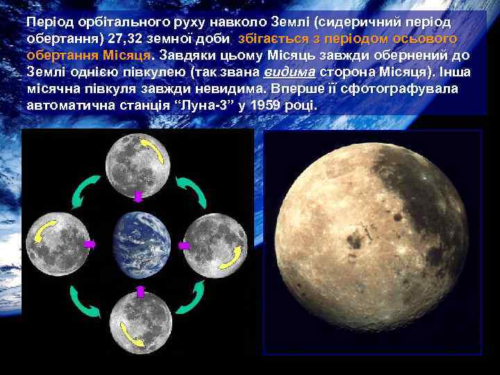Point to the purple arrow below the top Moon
pyautogui.click(x=138, y=197)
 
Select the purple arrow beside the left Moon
pyautogui.click(x=90, y=244)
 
